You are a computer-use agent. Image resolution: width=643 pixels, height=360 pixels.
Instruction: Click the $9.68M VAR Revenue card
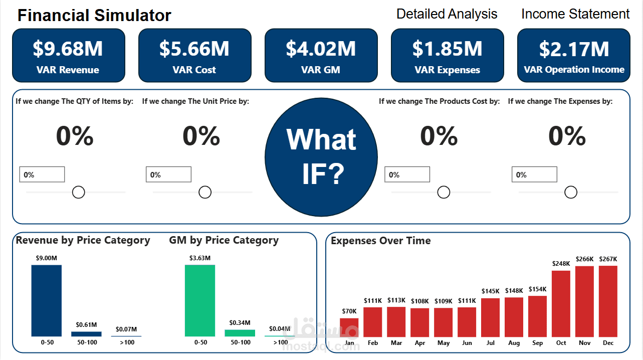click(x=69, y=56)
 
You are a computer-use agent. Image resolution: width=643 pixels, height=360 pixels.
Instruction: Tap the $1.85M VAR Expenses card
click(x=447, y=56)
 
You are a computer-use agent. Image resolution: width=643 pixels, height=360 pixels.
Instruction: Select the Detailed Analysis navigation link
click(x=447, y=14)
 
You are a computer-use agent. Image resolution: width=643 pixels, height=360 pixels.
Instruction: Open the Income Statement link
click(x=575, y=14)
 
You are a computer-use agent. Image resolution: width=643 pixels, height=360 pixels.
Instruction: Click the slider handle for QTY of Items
click(x=78, y=193)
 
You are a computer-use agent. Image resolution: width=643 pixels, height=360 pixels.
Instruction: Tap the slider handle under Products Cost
click(x=444, y=193)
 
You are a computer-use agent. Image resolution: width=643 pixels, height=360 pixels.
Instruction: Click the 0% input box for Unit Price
click(x=168, y=174)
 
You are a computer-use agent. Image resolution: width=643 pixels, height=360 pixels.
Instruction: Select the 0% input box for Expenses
click(x=534, y=174)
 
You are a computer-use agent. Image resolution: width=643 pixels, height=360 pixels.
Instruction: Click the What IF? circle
click(x=321, y=157)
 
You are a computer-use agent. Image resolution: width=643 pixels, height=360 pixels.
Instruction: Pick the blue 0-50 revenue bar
click(x=47, y=300)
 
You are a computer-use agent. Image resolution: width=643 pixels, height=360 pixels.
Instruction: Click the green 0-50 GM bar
click(x=200, y=300)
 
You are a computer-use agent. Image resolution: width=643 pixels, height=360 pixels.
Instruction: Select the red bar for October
click(x=561, y=304)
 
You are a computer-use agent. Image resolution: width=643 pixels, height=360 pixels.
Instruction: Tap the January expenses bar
click(x=349, y=327)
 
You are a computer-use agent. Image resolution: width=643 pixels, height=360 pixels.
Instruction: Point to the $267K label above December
click(x=608, y=259)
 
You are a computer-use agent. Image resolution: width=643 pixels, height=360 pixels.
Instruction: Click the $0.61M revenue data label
click(x=86, y=325)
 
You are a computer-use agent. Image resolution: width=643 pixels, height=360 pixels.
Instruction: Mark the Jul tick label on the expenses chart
click(x=490, y=343)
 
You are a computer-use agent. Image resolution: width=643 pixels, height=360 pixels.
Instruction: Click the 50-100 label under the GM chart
click(x=241, y=342)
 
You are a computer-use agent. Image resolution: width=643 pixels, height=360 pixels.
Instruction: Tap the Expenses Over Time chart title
click(x=380, y=241)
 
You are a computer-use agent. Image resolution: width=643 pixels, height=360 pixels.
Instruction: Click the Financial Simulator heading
click(x=94, y=15)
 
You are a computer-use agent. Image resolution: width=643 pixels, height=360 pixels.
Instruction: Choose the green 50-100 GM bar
click(x=240, y=333)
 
